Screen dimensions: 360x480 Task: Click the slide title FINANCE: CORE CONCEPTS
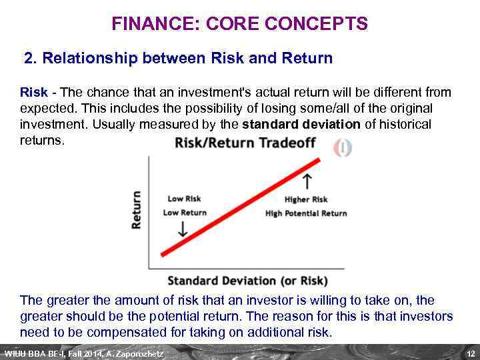(x=239, y=25)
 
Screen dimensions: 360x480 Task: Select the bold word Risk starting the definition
(x=33, y=93)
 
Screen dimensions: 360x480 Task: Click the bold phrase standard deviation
(x=301, y=125)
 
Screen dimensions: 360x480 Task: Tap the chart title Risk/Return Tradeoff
(x=245, y=143)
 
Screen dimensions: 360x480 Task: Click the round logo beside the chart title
(x=342, y=147)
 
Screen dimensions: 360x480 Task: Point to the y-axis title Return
(x=137, y=210)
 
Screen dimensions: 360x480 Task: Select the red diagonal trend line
(x=238, y=207)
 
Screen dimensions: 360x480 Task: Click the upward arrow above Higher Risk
(x=307, y=181)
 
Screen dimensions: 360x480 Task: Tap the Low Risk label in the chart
(x=184, y=199)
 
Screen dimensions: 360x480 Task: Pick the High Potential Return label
(x=306, y=213)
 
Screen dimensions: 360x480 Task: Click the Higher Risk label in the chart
(x=306, y=199)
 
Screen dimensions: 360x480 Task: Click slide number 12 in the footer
(x=470, y=353)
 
